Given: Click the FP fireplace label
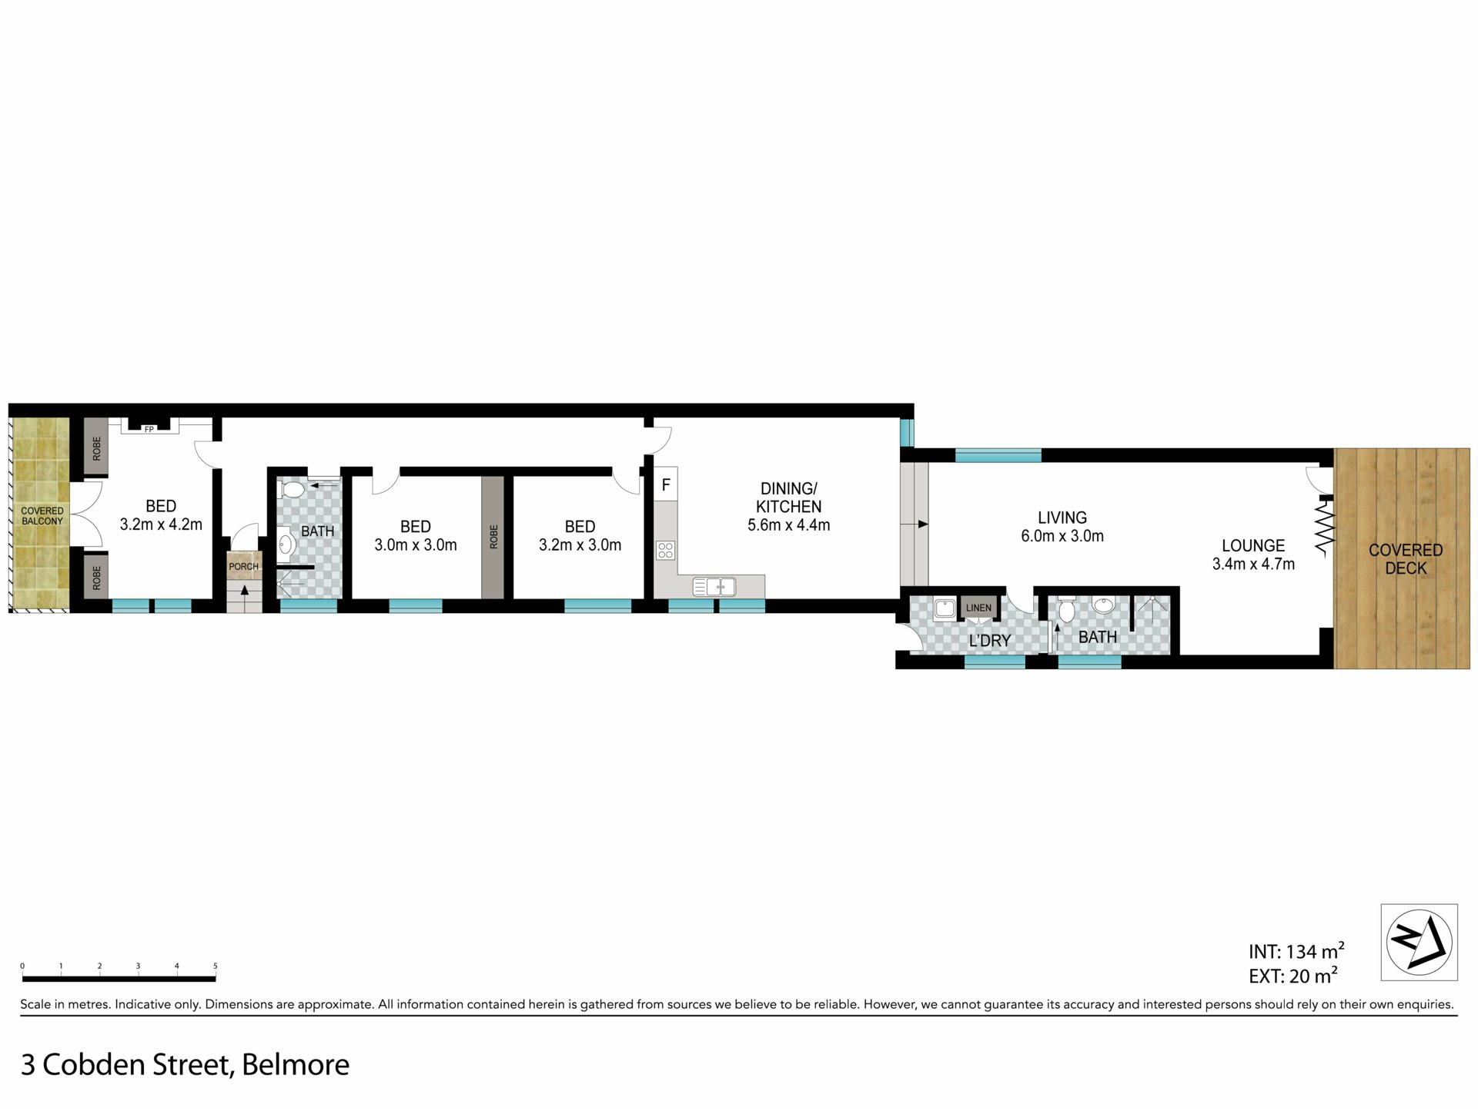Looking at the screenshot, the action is click(149, 430).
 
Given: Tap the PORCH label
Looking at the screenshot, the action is click(244, 567).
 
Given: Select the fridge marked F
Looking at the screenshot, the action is click(666, 485).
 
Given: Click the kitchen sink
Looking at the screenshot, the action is click(714, 587).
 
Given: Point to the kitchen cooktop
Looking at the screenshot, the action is click(666, 550).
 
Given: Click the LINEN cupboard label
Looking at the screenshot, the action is click(978, 608).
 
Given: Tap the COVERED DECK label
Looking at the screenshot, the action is click(1406, 559).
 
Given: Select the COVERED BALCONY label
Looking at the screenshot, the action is click(42, 516).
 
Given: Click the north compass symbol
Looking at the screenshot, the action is click(1419, 942).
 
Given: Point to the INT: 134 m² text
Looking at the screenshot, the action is click(1296, 951).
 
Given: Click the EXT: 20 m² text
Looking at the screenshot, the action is click(1293, 976).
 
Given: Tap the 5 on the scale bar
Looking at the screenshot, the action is click(216, 966).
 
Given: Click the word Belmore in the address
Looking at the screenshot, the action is click(296, 1065).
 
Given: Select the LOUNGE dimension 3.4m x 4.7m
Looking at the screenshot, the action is click(1253, 564).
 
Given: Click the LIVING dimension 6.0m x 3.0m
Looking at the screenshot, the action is click(1062, 536).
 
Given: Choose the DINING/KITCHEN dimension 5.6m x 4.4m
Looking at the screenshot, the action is click(789, 525).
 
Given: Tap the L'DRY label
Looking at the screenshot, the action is click(990, 641).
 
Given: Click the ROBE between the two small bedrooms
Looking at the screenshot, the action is click(493, 537).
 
